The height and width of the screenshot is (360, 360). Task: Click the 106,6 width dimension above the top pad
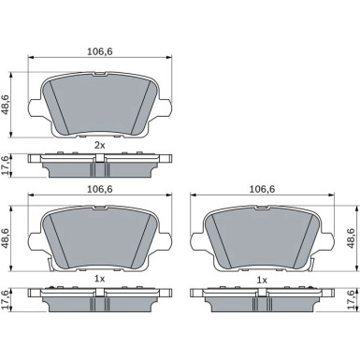click(x=99, y=51)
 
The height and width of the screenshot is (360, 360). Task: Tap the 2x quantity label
click(x=100, y=145)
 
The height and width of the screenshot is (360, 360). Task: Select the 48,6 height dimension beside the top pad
click(x=6, y=105)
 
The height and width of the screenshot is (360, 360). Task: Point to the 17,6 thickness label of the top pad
click(x=6, y=166)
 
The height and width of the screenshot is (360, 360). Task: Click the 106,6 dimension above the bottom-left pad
click(x=99, y=189)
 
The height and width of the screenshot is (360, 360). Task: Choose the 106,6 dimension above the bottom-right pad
click(x=262, y=189)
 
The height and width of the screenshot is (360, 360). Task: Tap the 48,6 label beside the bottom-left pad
click(x=6, y=238)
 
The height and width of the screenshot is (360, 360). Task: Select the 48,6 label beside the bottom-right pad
click(x=351, y=238)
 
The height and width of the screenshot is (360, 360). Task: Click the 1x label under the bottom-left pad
click(x=100, y=279)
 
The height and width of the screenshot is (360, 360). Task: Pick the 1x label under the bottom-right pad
click(x=262, y=281)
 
